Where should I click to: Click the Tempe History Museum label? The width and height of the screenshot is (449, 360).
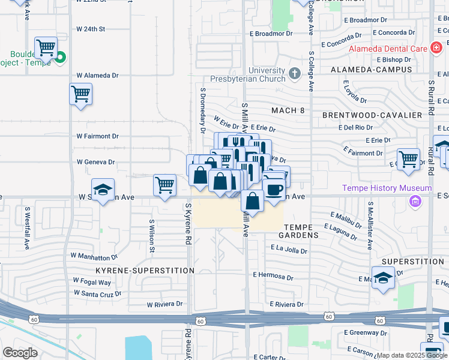click(387, 188)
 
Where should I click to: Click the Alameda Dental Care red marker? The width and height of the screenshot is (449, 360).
click(436, 48)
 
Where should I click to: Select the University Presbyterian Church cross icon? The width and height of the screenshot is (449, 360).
click(294, 74)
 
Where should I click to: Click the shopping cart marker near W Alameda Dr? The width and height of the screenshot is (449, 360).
click(80, 94)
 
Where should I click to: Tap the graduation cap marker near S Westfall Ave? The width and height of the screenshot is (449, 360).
click(103, 190)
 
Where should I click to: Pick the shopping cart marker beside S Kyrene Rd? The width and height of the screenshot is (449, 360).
click(164, 185)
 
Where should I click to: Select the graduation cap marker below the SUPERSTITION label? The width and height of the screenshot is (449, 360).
click(383, 278)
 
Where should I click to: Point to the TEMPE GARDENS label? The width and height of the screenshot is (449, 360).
click(301, 231)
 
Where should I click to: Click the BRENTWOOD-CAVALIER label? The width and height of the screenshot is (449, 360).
click(369, 114)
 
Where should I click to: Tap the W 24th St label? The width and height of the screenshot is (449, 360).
click(91, 29)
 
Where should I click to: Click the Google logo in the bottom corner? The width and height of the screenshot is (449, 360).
click(20, 353)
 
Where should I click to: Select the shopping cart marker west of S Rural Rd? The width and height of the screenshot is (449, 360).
click(408, 160)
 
